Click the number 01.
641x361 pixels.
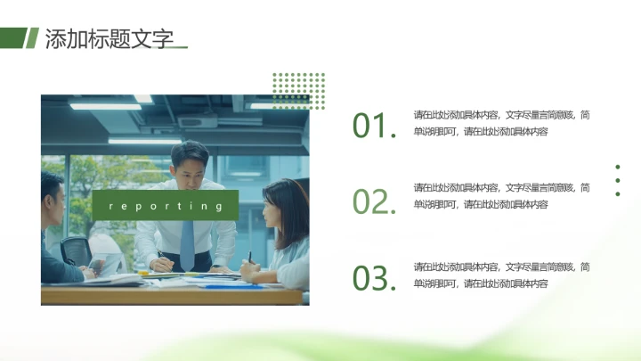click(372, 126)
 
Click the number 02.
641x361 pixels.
click(372, 202)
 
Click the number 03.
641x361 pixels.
click(372, 278)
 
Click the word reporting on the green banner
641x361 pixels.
click(165, 206)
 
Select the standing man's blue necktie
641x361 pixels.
click(187, 242)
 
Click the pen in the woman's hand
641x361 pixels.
click(250, 258)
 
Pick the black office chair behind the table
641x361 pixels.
click(77, 250)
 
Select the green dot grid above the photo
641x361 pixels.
click(298, 90)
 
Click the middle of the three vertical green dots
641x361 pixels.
click(618, 180)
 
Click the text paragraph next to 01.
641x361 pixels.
click(501, 123)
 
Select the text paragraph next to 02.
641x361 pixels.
click(501, 196)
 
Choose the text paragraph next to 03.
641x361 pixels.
click(501, 275)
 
